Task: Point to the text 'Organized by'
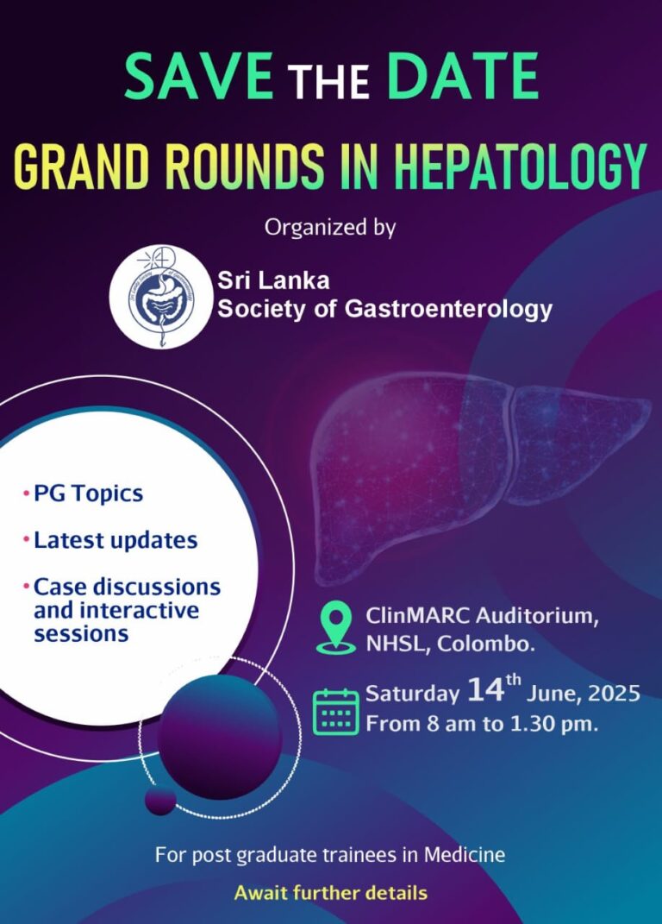point(330,228)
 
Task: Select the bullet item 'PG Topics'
point(88,493)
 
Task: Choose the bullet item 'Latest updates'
point(116,541)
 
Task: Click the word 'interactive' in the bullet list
point(116,610)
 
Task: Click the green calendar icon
point(335,712)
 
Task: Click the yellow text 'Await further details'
point(330,892)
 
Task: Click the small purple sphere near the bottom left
point(160,800)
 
